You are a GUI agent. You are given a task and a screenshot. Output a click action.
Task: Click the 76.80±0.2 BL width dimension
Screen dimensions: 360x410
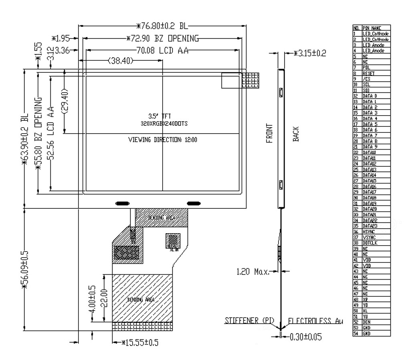pyautogui.click(x=162, y=26)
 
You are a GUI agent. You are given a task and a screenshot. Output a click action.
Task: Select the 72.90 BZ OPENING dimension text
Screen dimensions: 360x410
pyautogui.click(x=162, y=39)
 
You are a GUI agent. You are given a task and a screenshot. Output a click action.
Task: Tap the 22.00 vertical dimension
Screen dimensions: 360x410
pyautogui.click(x=103, y=298)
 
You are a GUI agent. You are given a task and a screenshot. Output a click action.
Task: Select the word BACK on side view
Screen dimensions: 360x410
pyautogui.click(x=295, y=134)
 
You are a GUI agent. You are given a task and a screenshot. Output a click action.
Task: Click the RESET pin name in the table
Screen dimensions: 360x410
pyautogui.click(x=368, y=74)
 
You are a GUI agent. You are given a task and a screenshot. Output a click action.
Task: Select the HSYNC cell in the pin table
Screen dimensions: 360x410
pyautogui.click(x=368, y=232)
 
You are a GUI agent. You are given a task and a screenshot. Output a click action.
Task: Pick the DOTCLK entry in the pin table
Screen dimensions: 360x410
pyautogui.click(x=370, y=243)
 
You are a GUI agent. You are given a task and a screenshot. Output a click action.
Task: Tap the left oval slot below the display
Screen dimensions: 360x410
pyautogui.click(x=123, y=203)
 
